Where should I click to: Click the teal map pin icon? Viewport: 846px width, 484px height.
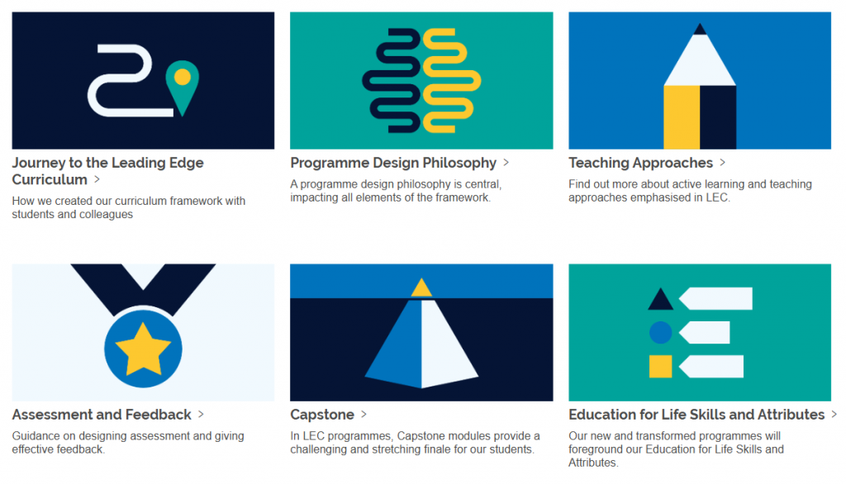(183, 83)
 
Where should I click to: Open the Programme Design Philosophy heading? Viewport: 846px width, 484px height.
(393, 163)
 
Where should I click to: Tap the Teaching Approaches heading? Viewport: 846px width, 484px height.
(640, 163)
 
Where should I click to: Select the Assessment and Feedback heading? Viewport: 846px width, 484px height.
(102, 415)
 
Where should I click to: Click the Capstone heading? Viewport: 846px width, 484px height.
(322, 415)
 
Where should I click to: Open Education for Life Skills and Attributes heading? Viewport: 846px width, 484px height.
(696, 415)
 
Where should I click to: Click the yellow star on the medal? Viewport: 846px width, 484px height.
(143, 349)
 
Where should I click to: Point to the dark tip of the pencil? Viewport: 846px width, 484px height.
(700, 30)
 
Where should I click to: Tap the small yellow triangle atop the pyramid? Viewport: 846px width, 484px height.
(421, 287)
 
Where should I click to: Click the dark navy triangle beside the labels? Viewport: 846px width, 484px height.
(660, 299)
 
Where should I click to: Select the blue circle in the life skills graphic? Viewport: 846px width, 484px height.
(660, 333)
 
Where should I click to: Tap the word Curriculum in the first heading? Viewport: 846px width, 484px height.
(50, 179)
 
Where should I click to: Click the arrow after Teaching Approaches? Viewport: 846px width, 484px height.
(723, 163)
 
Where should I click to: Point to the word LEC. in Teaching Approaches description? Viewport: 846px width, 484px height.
(717, 198)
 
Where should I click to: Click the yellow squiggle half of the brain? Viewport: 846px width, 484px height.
(450, 81)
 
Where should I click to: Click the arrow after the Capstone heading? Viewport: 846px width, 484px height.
(364, 415)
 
